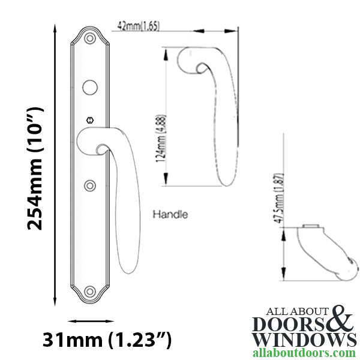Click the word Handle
(x=170, y=214)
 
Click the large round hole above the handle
(x=91, y=85)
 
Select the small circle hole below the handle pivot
(x=91, y=185)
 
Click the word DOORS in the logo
(x=291, y=323)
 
